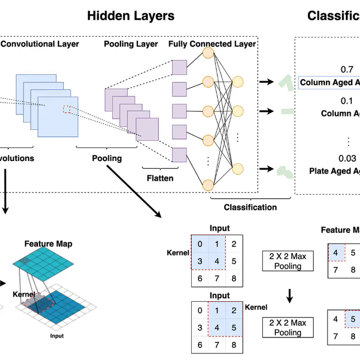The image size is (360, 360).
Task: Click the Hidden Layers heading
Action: (131, 15)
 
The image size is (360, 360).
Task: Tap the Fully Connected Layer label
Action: (212, 44)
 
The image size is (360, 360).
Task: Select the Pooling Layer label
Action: (131, 44)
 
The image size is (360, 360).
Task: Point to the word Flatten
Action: (160, 178)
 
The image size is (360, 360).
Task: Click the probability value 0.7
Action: (347, 70)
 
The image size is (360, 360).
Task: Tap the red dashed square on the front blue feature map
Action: (67, 109)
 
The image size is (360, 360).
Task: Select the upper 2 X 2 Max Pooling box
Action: (288, 261)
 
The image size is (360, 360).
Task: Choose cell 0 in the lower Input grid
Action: (199, 311)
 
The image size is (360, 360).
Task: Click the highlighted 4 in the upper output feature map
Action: (335, 252)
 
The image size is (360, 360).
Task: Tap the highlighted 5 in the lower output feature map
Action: (353, 319)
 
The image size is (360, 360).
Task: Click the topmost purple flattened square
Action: (179, 68)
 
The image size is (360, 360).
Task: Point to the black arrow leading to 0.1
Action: (267, 111)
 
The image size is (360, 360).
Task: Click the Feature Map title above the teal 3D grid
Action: (48, 243)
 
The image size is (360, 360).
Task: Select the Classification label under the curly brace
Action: (250, 207)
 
